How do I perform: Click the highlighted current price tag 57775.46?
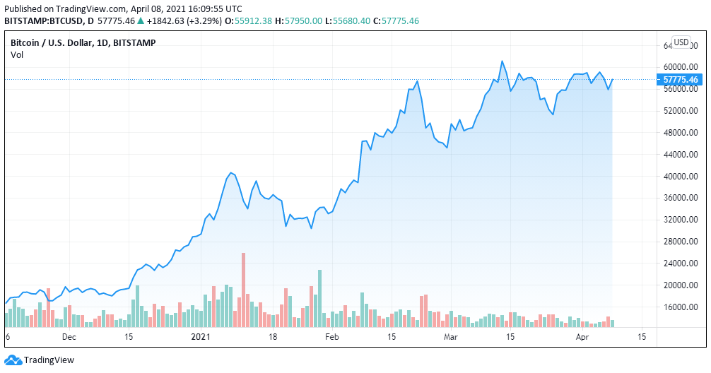tap(681, 80)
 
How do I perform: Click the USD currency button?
tap(681, 42)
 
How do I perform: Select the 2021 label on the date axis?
tap(201, 338)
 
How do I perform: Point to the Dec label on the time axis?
tap(69, 338)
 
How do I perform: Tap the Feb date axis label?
tap(331, 338)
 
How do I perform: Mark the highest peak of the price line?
tap(502, 61)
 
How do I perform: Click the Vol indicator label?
tap(16, 55)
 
